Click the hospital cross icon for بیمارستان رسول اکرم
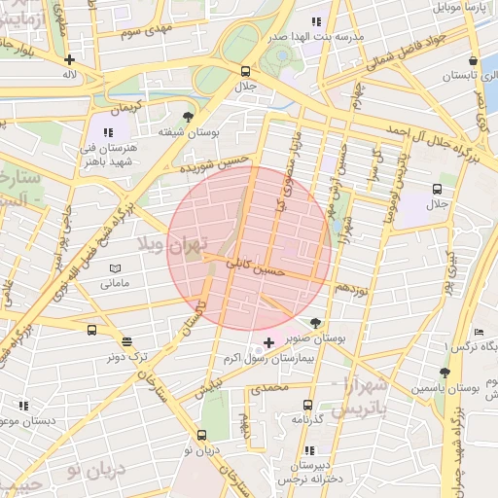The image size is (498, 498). tap(268, 343)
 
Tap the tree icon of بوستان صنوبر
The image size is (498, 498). tap(314, 322)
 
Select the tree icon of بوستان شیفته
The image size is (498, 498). tap(188, 117)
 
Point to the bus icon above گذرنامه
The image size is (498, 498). tap(307, 405)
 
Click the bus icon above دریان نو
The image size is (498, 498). tap(201, 436)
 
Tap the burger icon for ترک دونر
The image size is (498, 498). tap(127, 341)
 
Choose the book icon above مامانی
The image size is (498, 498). tap(115, 268)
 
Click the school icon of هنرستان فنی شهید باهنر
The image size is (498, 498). tap(107, 131)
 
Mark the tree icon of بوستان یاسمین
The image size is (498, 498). tap(445, 373)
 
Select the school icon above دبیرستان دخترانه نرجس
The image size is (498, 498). tap(310, 450)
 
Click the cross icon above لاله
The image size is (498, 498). tap(69, 58)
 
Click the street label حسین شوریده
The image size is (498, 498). tap(214, 163)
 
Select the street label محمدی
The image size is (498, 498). tap(269, 388)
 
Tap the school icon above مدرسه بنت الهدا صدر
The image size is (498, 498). tap(316, 21)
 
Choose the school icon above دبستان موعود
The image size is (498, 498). tap(22, 406)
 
